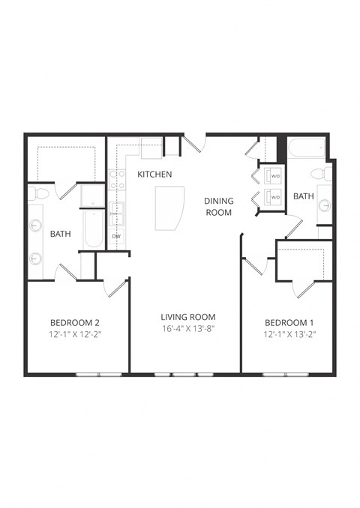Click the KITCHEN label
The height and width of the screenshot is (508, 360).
click(154, 175)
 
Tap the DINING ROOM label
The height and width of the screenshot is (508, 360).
click(219, 206)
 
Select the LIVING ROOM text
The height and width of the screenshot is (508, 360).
click(187, 317)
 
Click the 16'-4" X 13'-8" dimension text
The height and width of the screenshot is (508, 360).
click(187, 329)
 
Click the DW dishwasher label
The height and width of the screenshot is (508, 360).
click(116, 237)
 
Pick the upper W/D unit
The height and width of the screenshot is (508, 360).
click(271, 177)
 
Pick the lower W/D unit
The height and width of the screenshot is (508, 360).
click(271, 198)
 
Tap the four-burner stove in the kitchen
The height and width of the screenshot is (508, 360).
click(117, 179)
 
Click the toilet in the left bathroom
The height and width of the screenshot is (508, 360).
click(39, 194)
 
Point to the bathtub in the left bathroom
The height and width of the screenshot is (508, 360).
click(93, 228)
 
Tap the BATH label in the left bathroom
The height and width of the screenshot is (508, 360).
click(60, 234)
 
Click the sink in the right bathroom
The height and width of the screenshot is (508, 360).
click(325, 205)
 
